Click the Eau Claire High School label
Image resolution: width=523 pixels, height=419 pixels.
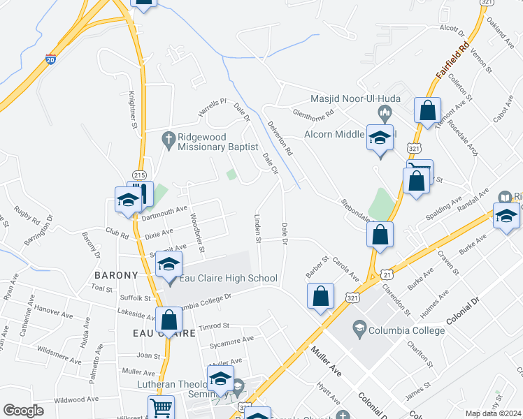click(227, 279)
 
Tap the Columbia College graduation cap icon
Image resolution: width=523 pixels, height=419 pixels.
click(359, 327)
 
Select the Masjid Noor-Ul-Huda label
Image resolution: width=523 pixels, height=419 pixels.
click(356, 98)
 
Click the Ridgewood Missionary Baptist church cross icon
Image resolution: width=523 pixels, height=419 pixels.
click(168, 138)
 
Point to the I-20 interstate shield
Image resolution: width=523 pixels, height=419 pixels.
click(50, 60)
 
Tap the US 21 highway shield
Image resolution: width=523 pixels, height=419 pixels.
click(385, 275)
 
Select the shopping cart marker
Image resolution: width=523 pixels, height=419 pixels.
click(161, 407)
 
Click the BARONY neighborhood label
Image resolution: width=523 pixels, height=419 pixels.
click(114, 276)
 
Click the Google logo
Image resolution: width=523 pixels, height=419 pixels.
click(23, 411)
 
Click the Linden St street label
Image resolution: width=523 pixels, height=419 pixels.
click(258, 229)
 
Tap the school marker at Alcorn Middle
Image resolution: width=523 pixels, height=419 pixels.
click(379, 138)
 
